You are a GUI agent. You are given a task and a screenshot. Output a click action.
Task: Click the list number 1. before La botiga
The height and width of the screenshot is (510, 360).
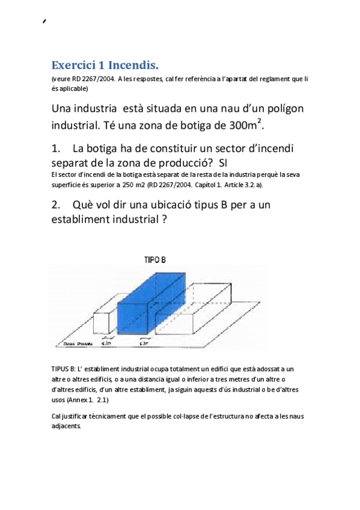click(57, 148)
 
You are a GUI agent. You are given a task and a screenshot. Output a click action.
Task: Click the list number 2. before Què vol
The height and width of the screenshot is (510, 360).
click(57, 205)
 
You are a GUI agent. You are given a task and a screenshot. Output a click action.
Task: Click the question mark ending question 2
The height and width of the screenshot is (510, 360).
click(163, 220)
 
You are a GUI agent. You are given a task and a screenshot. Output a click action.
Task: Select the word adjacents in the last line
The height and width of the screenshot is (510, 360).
click(66, 425)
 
